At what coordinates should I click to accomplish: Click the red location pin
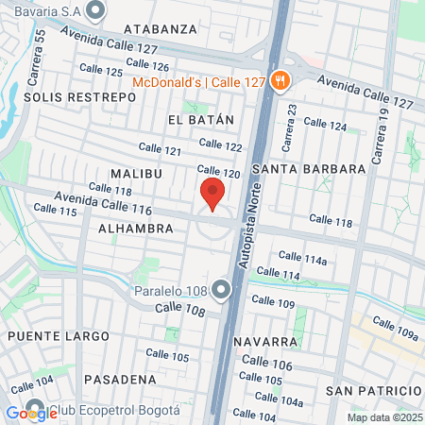(x=212, y=193)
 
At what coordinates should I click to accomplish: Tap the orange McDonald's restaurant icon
(x=279, y=81)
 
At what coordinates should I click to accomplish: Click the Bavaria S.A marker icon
(x=94, y=11)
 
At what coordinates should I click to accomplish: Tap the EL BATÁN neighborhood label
(x=199, y=120)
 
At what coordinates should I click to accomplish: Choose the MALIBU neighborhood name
(x=136, y=175)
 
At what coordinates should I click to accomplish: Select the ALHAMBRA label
(x=136, y=229)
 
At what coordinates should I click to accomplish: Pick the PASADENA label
(x=120, y=379)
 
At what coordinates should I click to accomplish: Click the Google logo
(x=25, y=412)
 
